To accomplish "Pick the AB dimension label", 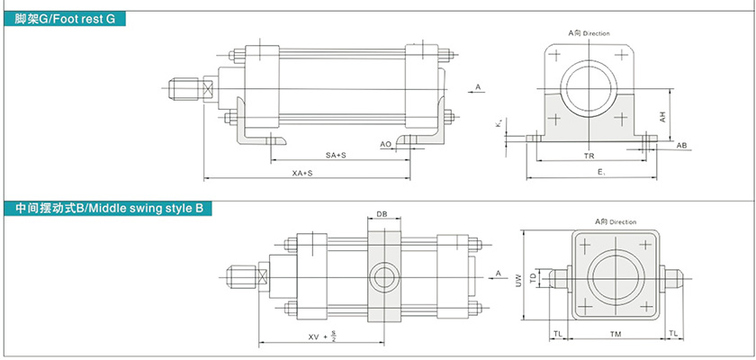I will click(682, 145).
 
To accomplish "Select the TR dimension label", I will click(589, 156).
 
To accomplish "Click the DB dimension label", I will click(382, 215).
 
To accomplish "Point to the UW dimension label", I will click(518, 280).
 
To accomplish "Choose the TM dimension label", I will click(615, 333).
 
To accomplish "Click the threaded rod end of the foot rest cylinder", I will click(185, 88).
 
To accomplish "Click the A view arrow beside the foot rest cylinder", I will click(477, 88).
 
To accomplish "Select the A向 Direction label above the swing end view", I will click(615, 221).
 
